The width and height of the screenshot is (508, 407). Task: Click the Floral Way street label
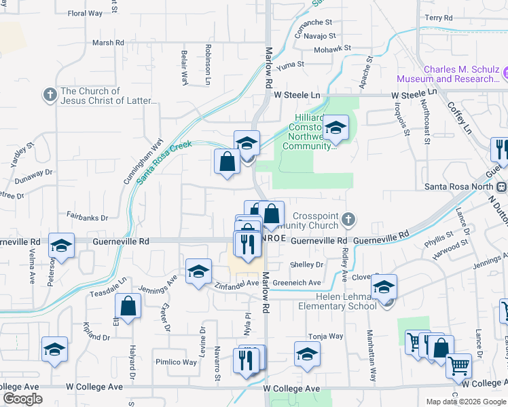85,13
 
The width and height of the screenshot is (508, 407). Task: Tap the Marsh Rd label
109,43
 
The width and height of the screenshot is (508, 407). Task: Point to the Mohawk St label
333,49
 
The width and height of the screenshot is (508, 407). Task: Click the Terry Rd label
438,18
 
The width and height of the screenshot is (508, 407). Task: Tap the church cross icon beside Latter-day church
50,95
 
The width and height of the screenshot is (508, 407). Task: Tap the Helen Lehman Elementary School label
337,301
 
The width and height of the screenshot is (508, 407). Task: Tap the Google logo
22,399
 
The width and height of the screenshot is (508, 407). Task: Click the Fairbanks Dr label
88,218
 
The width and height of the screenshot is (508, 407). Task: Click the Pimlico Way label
175,362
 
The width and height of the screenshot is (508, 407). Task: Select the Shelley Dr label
306,265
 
